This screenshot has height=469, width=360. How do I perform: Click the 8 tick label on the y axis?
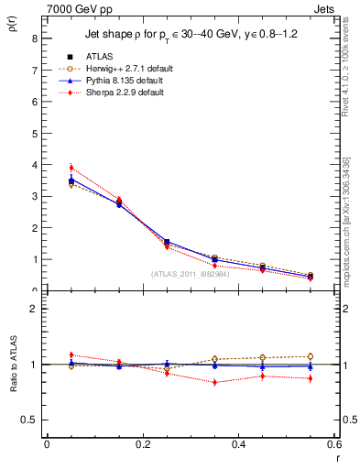[x=34, y=38]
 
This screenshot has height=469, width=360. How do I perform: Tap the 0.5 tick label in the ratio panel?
[x=29, y=420]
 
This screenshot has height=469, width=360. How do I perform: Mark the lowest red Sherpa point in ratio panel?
[x=214, y=382]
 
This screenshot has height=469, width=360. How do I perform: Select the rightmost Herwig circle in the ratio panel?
[x=311, y=356]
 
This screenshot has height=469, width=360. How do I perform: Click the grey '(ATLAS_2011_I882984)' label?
[x=191, y=273]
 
